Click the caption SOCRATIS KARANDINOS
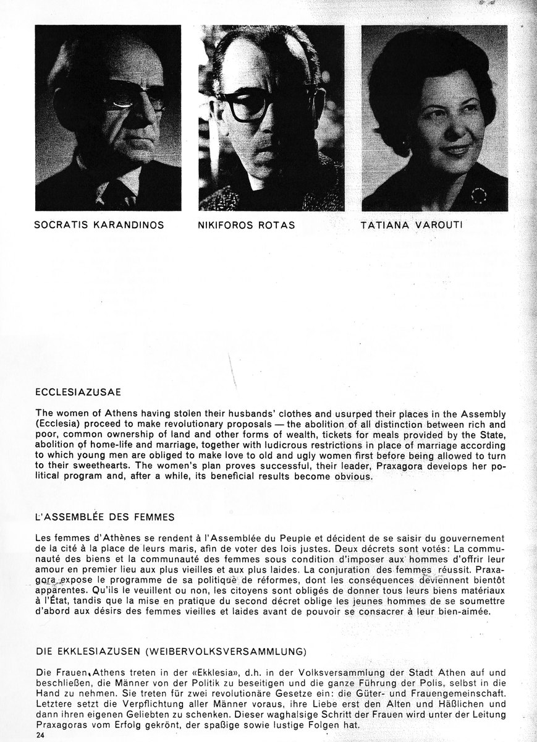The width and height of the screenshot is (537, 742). pyautogui.click(x=99, y=225)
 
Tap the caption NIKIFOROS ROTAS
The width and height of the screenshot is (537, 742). pyautogui.click(x=246, y=225)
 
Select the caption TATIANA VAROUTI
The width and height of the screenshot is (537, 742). pyautogui.click(x=411, y=226)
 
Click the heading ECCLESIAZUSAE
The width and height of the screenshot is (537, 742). pyautogui.click(x=78, y=391)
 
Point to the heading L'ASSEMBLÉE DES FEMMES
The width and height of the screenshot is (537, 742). pyautogui.click(x=106, y=516)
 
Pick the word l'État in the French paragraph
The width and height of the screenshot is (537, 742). pyautogui.click(x=50, y=600)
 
